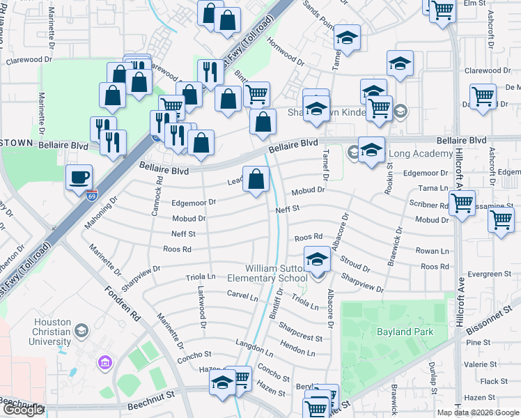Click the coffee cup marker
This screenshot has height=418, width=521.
tap(78, 176)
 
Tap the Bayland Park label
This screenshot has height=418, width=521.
tap(405, 332)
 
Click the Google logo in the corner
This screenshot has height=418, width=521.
tap(23, 410)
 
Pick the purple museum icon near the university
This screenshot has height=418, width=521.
tap(105, 362)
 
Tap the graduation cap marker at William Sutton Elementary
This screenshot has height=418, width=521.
tap(318, 261)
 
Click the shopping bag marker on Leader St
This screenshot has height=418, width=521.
tap(256, 178)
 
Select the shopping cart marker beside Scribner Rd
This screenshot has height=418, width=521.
tap(462, 203)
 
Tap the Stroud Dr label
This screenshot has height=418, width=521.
tap(355, 263)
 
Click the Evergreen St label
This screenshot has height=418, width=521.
tap(495, 274)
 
